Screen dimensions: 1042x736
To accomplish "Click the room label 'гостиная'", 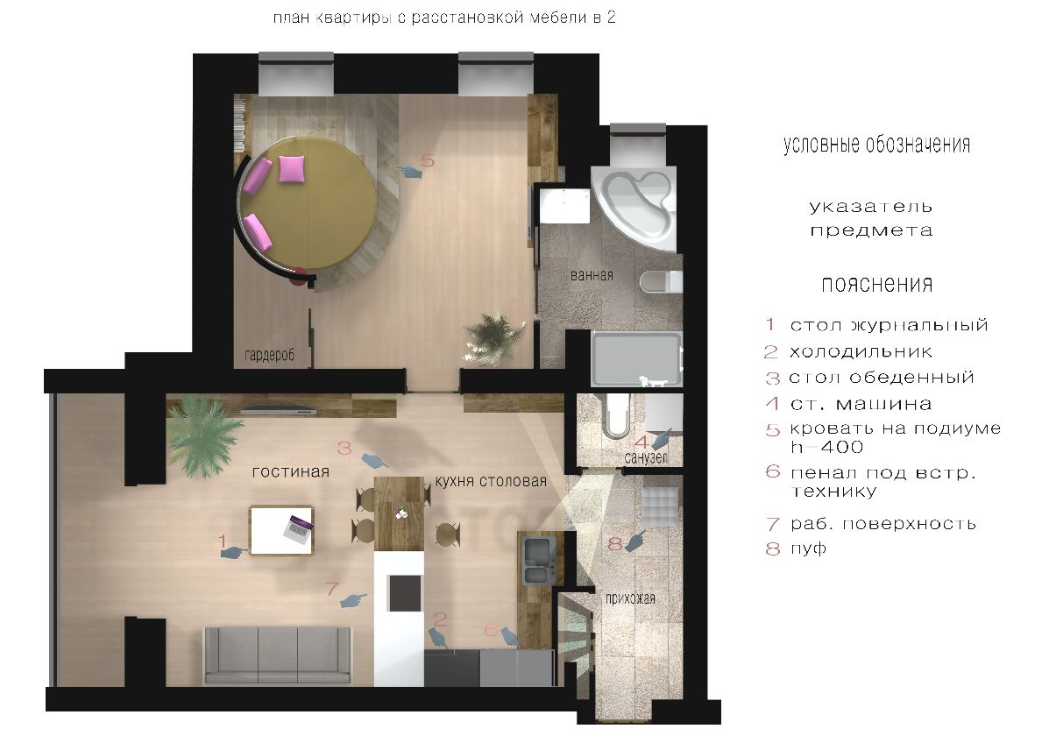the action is (290, 472).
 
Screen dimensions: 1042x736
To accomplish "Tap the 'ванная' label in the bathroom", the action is (592, 275).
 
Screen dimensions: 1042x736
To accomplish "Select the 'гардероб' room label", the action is (269, 356).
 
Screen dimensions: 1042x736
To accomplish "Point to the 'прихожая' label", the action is (630, 598).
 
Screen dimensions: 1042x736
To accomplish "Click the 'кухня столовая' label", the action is (491, 481).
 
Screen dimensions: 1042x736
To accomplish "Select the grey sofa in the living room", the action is (278, 655).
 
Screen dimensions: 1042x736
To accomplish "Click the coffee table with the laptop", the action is (281, 530).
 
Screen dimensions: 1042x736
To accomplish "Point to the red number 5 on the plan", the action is (428, 160).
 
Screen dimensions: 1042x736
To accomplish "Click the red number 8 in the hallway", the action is (614, 544).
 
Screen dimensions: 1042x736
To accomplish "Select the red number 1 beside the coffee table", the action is (223, 541).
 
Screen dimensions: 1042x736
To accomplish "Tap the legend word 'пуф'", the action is (808, 548).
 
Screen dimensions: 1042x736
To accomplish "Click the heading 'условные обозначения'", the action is (876, 145).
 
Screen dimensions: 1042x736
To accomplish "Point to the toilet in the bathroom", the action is (661, 281).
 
